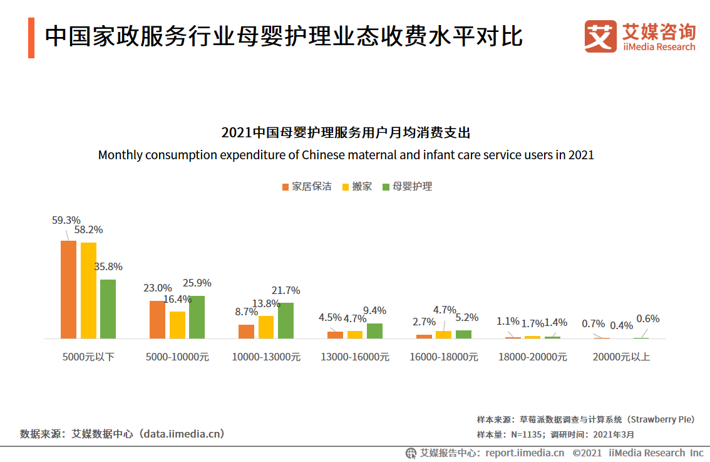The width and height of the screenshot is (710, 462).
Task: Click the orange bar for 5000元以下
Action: [x=68, y=290]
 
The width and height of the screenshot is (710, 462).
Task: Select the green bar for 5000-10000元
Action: [x=197, y=317]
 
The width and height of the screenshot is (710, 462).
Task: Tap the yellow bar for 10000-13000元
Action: [x=266, y=327]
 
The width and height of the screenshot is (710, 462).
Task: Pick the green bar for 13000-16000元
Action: [x=374, y=331]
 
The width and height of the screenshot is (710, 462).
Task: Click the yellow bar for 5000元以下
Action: [x=88, y=290]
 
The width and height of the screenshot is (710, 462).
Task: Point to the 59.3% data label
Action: [x=66, y=220]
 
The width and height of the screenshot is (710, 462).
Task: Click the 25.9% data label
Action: [x=197, y=283]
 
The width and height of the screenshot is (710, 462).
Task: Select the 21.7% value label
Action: [x=286, y=290]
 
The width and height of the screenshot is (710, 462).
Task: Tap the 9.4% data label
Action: [x=374, y=310]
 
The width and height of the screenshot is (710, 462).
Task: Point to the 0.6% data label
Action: [x=648, y=318]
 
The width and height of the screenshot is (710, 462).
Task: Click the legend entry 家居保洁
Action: [x=307, y=187]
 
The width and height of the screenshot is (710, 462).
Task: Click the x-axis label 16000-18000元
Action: [x=444, y=357]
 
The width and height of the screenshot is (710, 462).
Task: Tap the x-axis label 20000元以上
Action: [x=622, y=357]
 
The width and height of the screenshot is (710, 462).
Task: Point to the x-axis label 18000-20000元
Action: [x=533, y=357]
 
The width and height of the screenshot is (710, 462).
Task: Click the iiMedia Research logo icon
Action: [x=600, y=36]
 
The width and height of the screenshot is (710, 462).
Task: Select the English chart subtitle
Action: [x=346, y=154]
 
